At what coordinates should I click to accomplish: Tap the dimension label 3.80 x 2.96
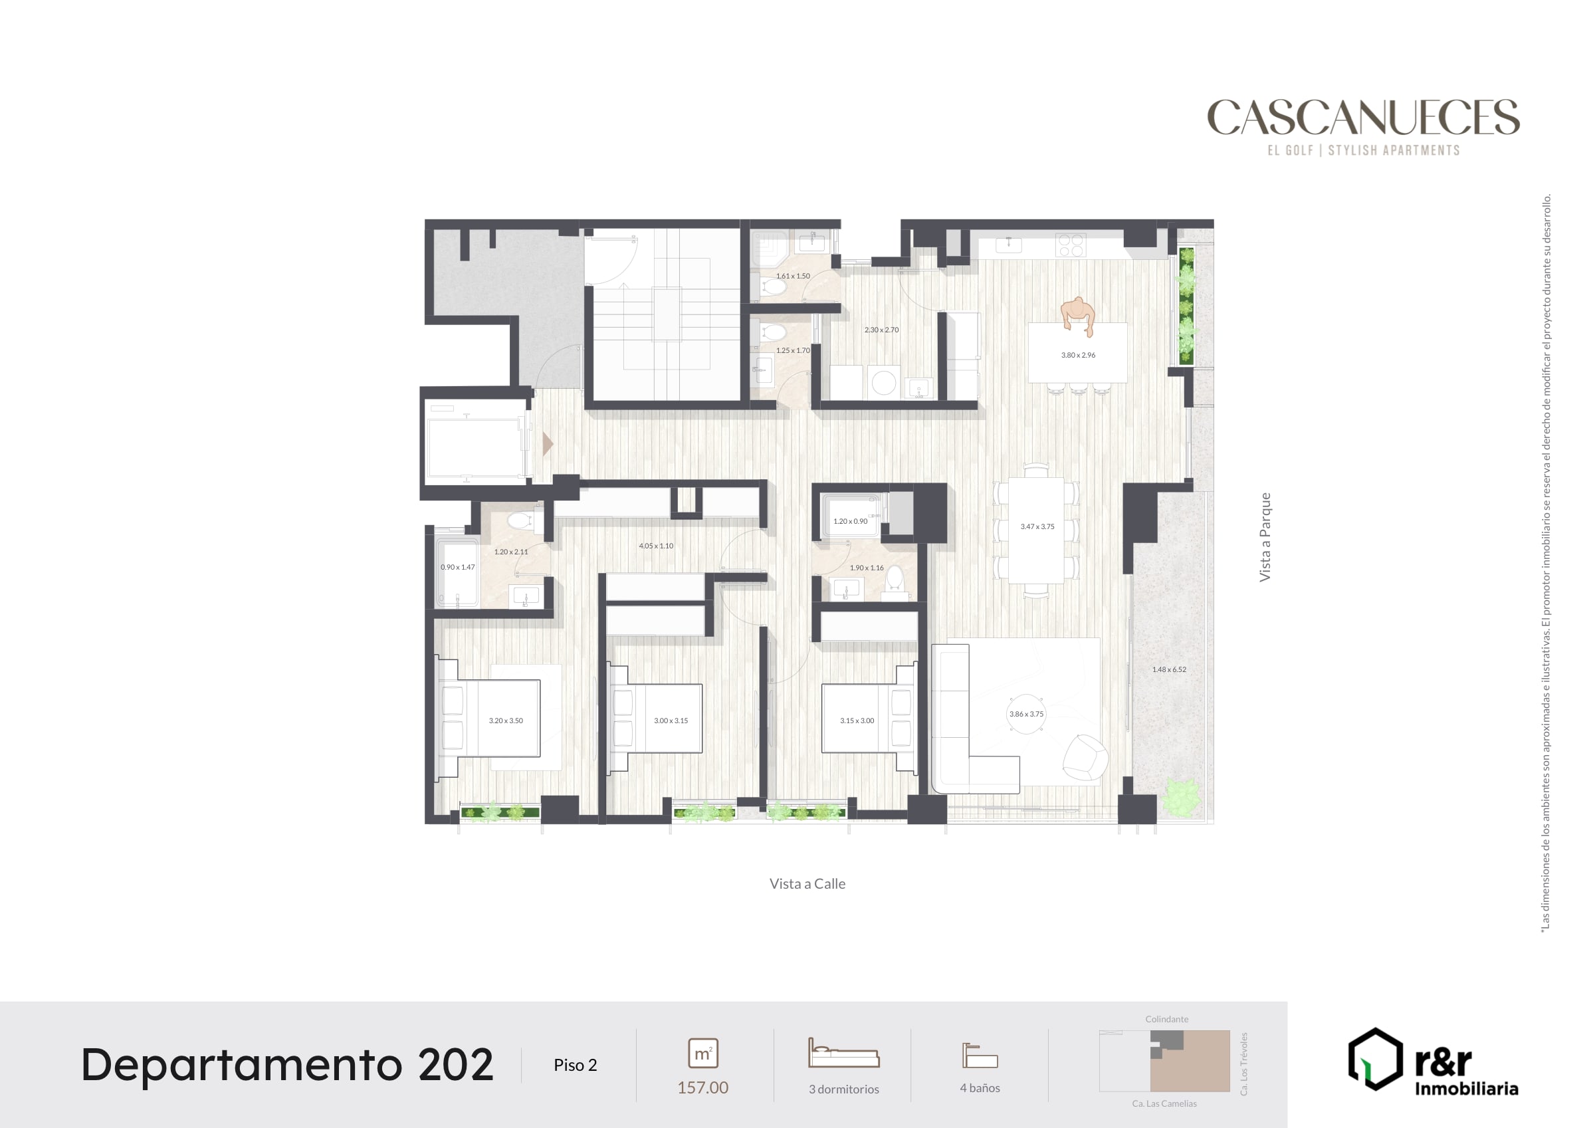click(x=1078, y=355)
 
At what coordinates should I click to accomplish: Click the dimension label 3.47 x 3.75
click(x=1037, y=527)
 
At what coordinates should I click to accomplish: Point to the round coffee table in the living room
click(x=1026, y=714)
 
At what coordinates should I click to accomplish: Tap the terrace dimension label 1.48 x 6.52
click(x=1169, y=670)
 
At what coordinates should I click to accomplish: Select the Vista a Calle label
click(x=807, y=884)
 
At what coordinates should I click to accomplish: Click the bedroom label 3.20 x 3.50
click(x=506, y=721)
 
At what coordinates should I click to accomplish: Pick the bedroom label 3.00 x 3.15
click(x=671, y=721)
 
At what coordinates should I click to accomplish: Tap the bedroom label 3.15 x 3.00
click(x=857, y=721)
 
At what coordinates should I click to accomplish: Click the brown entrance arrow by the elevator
click(x=548, y=444)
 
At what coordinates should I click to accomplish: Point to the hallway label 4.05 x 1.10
click(x=657, y=546)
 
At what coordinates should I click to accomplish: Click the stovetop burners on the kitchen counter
click(x=1071, y=245)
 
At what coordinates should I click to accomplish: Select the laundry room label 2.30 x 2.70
click(x=881, y=330)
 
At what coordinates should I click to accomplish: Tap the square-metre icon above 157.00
click(x=702, y=1054)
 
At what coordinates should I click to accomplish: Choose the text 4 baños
click(x=980, y=1088)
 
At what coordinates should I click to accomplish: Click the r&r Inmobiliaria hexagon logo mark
click(x=1376, y=1059)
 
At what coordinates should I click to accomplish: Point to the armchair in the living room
click(x=1085, y=758)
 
